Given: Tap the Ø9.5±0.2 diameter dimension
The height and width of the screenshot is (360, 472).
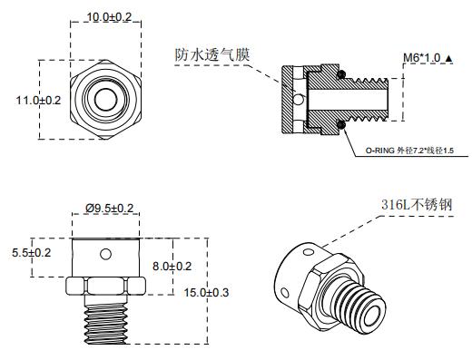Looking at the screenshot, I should click(109, 209).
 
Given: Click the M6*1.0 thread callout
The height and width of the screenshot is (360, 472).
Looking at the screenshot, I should click(423, 57).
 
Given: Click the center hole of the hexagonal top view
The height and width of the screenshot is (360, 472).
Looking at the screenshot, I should click(106, 99).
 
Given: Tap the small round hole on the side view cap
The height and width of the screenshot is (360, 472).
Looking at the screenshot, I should click(107, 252).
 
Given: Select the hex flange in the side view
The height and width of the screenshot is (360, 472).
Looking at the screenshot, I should click(107, 287).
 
